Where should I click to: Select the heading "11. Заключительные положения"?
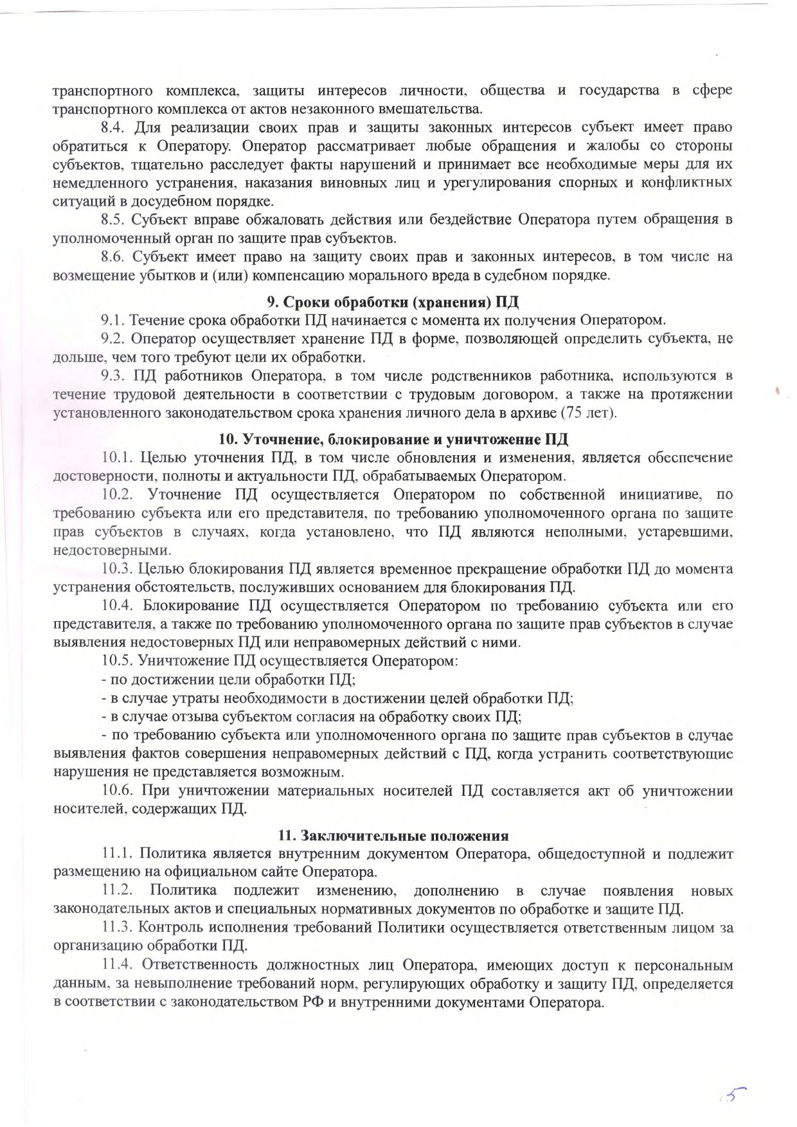click(x=393, y=836)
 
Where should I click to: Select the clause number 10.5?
click(x=116, y=660)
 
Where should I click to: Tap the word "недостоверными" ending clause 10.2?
click(x=112, y=550)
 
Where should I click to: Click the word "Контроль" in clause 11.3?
click(x=167, y=928)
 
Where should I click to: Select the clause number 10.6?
click(x=116, y=791)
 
